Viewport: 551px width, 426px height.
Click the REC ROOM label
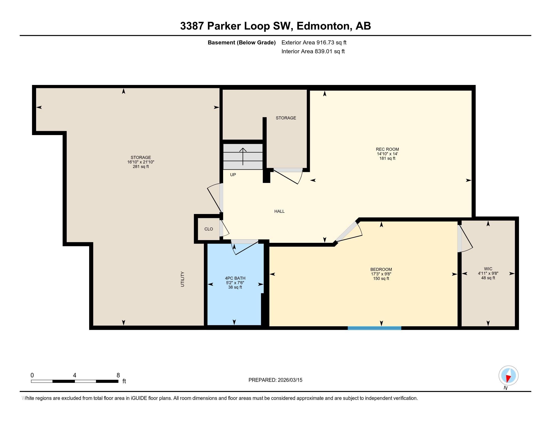(387, 149)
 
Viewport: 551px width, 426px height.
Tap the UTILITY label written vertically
(183, 279)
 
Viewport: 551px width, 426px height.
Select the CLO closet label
(209, 229)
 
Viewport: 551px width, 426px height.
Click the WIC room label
(488, 269)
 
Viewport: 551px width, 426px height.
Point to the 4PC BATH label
(235, 278)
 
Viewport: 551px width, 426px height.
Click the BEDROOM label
(381, 269)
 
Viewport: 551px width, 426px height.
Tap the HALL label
(279, 211)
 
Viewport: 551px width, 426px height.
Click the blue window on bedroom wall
(374, 328)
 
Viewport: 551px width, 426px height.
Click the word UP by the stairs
(233, 175)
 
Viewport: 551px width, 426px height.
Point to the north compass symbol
(508, 376)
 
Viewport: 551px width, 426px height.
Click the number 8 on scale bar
(118, 375)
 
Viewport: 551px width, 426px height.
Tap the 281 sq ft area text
(141, 167)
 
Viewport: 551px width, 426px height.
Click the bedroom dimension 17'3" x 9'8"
(381, 274)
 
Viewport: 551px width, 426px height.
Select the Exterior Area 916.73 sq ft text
(314, 42)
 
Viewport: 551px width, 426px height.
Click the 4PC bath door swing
(244, 248)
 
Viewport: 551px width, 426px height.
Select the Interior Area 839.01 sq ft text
(313, 51)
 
